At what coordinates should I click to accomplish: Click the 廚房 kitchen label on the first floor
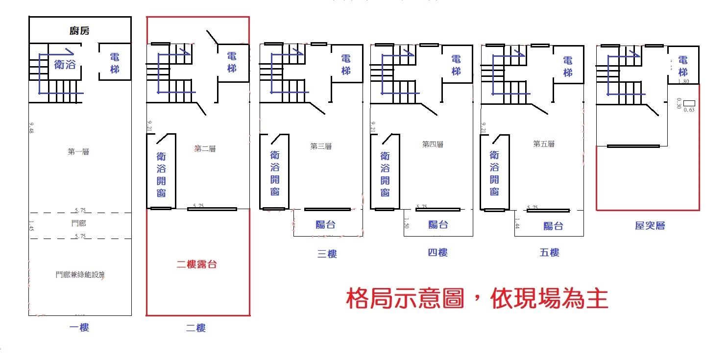(79, 31)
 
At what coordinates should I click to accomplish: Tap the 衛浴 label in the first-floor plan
(65, 64)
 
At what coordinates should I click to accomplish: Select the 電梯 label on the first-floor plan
(115, 63)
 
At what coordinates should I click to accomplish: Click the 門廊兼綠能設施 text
(80, 274)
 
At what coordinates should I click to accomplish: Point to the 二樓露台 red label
(196, 264)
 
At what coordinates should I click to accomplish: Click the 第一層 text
(78, 152)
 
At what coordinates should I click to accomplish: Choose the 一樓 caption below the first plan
(79, 328)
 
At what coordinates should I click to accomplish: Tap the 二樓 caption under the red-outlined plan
(196, 328)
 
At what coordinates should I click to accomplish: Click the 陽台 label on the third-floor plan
(326, 225)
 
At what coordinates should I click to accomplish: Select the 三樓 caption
(327, 254)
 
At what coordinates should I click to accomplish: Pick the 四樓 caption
(437, 253)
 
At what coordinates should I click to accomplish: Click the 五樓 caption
(549, 253)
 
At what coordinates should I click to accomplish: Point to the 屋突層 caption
(650, 225)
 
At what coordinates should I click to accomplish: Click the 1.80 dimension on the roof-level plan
(683, 81)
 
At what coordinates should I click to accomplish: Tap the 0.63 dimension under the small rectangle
(689, 110)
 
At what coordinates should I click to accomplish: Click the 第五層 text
(544, 144)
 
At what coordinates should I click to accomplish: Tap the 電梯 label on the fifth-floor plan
(568, 67)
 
